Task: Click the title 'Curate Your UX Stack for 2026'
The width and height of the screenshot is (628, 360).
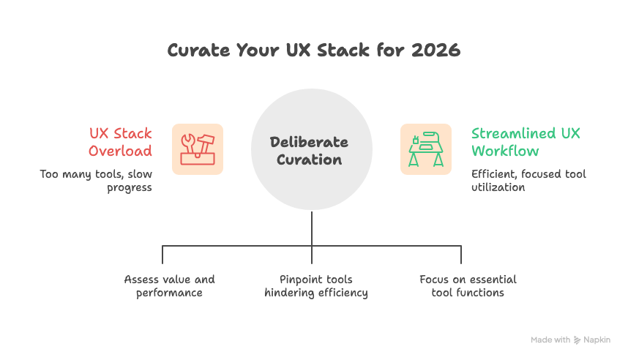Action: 313,50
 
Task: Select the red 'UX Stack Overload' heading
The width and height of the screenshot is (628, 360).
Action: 121,142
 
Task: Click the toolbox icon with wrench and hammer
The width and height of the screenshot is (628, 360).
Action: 198,149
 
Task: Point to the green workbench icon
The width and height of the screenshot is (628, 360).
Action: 425,149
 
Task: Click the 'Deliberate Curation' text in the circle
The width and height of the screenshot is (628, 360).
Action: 312,150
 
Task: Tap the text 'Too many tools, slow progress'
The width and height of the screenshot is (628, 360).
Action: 96,181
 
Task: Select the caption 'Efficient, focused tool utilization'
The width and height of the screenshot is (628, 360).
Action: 528,181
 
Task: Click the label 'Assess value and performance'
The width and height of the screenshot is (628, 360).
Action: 169,286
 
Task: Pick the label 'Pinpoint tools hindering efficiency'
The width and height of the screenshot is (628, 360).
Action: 315,286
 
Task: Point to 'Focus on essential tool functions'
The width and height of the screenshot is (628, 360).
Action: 468,286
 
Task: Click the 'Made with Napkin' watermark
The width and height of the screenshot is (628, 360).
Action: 570,340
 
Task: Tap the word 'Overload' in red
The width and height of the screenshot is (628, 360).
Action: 121,151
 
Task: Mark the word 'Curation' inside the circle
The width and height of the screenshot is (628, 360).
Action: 312,160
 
